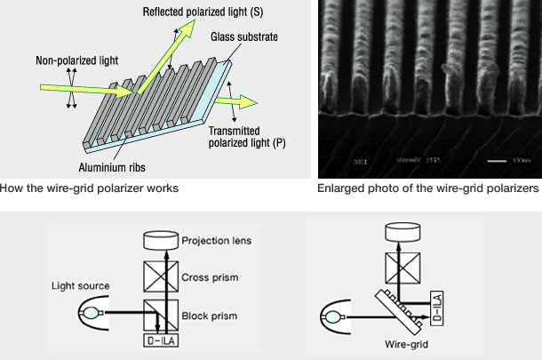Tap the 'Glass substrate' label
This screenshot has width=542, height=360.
point(245,37)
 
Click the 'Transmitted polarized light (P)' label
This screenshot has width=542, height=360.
point(247,137)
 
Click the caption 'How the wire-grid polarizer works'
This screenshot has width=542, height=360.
point(90,189)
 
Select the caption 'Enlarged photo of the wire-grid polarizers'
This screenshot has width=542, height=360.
point(428,189)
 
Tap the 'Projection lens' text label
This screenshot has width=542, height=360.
point(216,240)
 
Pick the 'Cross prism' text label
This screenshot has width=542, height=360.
point(210,276)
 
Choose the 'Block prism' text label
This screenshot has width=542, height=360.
point(210,316)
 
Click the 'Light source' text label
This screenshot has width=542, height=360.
point(82,286)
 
